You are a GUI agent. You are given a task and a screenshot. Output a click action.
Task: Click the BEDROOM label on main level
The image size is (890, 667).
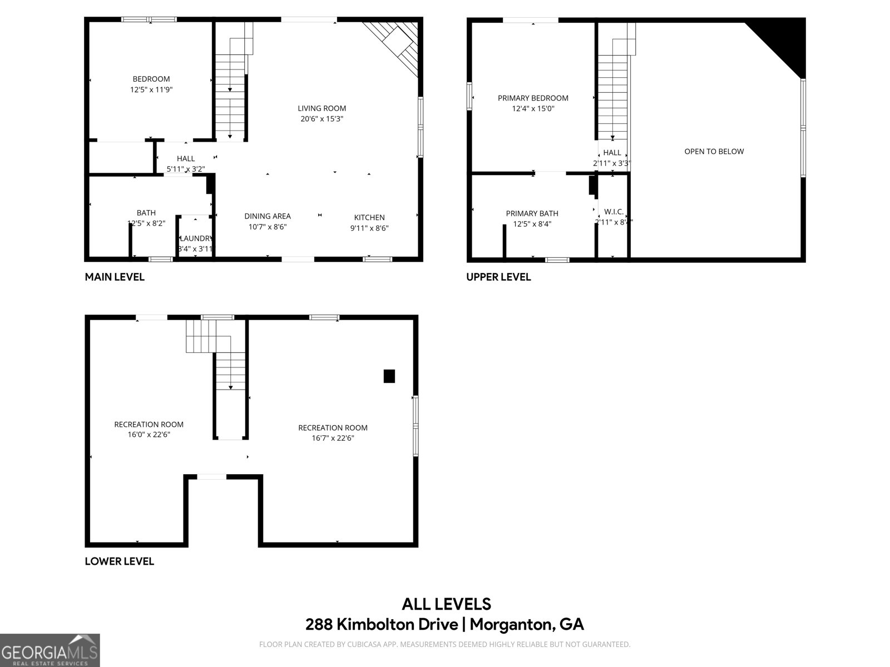point(151,79)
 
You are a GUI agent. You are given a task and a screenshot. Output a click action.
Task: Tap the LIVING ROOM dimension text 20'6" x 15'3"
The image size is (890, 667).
point(322,119)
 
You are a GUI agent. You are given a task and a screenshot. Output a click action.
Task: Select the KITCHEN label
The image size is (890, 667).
point(369,217)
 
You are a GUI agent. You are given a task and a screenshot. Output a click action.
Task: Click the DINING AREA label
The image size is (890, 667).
point(267,216)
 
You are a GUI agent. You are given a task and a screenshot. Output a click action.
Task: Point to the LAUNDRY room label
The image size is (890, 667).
point(196,238)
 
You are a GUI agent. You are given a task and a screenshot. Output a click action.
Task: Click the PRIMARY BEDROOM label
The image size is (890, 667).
point(533,98)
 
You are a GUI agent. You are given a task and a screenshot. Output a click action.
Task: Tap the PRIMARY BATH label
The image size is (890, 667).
point(532,213)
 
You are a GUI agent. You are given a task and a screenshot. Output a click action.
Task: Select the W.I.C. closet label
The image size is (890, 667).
point(614,212)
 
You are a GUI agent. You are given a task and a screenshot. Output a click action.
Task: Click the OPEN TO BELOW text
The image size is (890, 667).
point(714,151)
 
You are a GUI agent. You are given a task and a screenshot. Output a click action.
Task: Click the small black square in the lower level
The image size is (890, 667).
point(389,376)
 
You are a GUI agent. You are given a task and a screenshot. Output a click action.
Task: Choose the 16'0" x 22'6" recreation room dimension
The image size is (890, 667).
point(149,435)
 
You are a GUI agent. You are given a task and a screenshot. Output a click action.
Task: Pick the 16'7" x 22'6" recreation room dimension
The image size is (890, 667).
point(333,438)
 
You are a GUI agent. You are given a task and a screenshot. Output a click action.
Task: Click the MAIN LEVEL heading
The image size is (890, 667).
point(115,277)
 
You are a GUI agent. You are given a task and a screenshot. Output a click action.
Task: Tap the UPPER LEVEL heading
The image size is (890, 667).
point(498,277)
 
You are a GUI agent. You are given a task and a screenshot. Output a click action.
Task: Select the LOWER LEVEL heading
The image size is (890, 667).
point(119,561)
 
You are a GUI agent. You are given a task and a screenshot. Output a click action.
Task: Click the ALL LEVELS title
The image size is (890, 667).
point(446,604)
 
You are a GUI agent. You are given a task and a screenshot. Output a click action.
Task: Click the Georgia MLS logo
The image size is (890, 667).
point(50,650)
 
